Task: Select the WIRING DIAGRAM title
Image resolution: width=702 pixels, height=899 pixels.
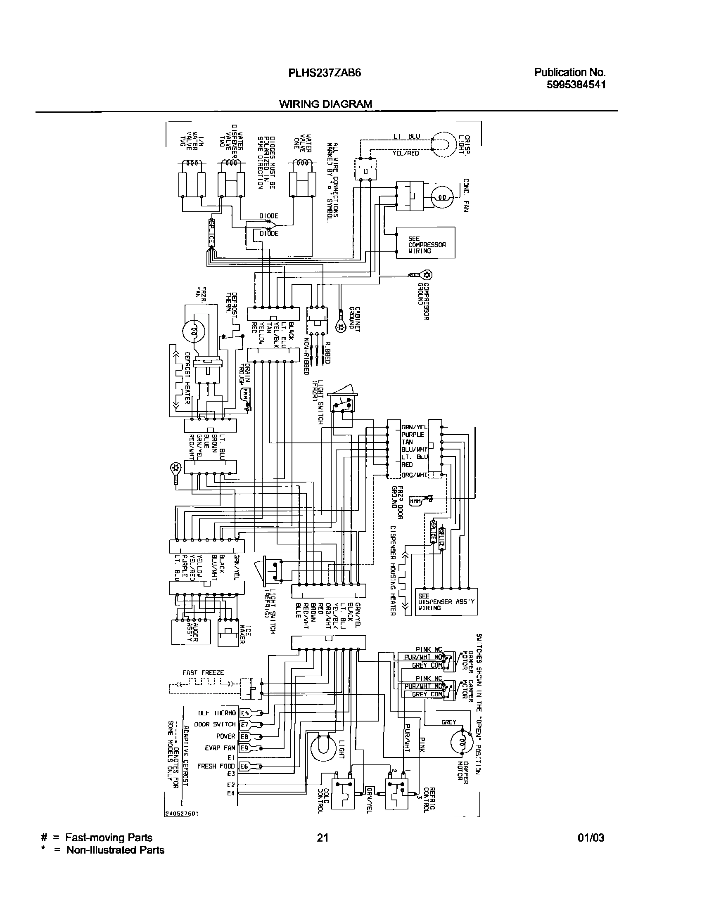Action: pos(325,104)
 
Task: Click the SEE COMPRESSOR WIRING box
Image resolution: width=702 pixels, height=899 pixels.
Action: pos(425,243)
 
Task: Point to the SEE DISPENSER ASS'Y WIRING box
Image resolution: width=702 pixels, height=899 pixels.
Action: pos(446,602)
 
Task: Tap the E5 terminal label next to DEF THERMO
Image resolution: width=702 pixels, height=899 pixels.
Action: pos(244,713)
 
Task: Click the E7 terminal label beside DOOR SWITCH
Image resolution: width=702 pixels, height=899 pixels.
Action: pos(244,724)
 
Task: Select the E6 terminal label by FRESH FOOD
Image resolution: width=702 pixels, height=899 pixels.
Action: pos(244,767)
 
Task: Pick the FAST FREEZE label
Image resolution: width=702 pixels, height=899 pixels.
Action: pos(203,673)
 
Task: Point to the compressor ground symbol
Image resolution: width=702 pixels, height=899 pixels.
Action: pos(426,274)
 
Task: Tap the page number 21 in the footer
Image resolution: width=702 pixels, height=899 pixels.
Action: pos(323,837)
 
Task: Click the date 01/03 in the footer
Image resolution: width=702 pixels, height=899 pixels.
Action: pos(591,837)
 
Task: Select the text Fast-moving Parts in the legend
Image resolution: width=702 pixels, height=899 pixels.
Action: pos(109,837)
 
